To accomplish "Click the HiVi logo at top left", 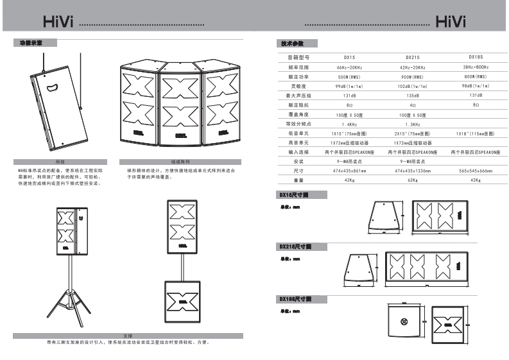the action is pos(58,24).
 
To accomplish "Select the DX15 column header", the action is pos(350,58).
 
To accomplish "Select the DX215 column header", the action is pos(413,58).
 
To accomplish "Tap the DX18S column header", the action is pos(476,57).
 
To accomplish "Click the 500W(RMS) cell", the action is pos(350,76).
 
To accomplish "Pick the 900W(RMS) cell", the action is pos(413,76).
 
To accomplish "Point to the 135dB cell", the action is pos(413,95).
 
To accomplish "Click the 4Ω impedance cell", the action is pos(413,105).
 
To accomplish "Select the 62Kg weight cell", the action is pos(413,180).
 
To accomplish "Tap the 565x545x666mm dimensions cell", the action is pos(476,171).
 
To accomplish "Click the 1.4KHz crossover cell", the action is pos(350,124).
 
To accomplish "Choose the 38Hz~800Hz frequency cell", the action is pos(476,67).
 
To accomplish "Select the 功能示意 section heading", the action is pos(32,43).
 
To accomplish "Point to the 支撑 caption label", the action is pos(127,336).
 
